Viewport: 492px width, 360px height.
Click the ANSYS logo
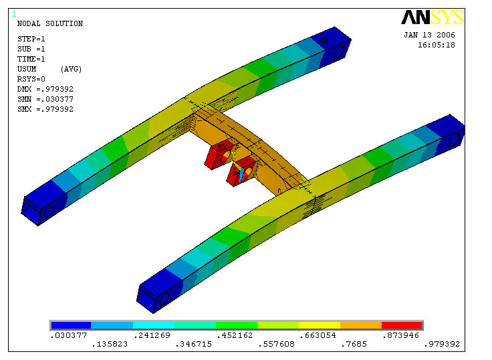[432, 17]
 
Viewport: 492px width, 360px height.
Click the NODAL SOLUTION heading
[50, 23]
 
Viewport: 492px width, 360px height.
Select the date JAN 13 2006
[429, 35]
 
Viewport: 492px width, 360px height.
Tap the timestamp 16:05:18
[436, 45]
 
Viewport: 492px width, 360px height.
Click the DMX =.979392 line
[45, 89]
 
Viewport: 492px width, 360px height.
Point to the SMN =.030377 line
[45, 99]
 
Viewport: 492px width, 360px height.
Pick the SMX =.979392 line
[45, 109]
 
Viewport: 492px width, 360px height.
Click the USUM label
[27, 69]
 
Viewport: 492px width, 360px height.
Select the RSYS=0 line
[31, 79]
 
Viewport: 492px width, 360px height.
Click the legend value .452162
[235, 335]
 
